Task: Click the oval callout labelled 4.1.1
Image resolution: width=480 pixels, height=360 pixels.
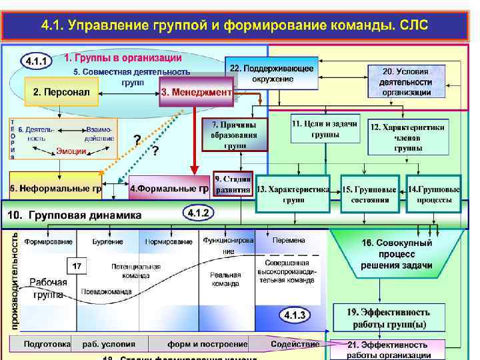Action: tap(37, 62)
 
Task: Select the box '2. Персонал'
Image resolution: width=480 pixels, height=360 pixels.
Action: tap(61, 91)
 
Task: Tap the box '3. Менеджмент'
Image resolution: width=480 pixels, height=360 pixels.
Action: tap(196, 91)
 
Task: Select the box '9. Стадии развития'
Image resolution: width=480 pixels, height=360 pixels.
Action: tap(233, 184)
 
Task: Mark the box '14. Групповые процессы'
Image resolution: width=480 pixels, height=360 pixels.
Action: tap(434, 194)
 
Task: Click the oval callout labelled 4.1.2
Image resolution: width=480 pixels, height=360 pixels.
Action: tap(199, 213)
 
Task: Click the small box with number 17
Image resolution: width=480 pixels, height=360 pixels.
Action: tap(77, 266)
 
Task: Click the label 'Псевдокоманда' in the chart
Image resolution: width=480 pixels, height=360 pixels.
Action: tap(107, 291)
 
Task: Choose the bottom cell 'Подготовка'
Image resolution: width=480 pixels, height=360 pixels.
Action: tap(47, 344)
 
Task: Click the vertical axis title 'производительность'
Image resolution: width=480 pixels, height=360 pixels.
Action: tap(15, 280)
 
